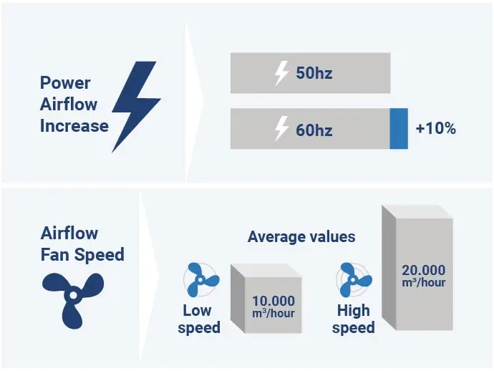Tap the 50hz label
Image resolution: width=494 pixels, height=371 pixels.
314,73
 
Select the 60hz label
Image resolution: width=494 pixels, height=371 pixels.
314,130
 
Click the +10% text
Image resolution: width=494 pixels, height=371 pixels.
436,129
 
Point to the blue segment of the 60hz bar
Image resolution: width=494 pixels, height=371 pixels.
399,129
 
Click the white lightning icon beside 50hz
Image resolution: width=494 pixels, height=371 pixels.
281,73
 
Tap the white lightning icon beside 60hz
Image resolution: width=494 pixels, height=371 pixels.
281,129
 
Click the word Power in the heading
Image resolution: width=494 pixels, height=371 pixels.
65,83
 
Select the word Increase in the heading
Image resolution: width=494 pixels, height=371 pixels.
74,126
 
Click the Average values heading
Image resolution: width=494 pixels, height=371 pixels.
301,237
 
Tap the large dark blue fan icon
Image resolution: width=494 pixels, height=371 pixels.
73,299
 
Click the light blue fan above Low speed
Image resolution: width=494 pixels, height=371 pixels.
202,280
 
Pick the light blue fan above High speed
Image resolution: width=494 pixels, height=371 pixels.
354,280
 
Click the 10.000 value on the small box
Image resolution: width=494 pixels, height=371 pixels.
273,301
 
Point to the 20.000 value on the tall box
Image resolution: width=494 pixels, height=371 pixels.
423,270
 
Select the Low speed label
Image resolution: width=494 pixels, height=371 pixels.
199,319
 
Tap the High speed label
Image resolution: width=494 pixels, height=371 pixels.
354,319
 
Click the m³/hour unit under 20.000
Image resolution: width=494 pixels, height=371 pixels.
423,282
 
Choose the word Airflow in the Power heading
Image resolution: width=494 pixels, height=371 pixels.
69,105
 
